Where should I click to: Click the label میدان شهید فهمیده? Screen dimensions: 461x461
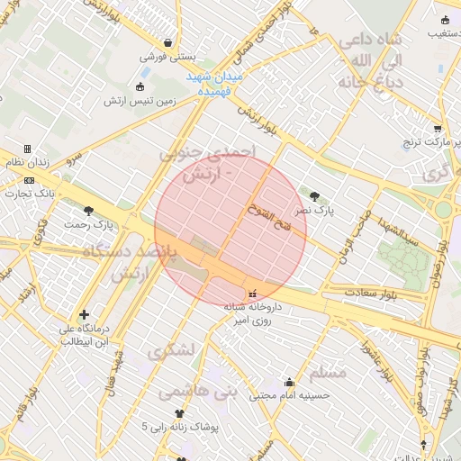213,84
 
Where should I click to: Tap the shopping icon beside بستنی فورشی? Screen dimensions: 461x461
169,42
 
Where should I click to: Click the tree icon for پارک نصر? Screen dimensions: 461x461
313,195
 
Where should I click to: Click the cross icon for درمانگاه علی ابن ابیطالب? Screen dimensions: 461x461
84,315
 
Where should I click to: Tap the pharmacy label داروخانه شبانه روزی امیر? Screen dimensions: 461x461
253,314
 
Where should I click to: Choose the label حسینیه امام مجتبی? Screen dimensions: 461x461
290,394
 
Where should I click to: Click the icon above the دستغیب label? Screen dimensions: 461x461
445,21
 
